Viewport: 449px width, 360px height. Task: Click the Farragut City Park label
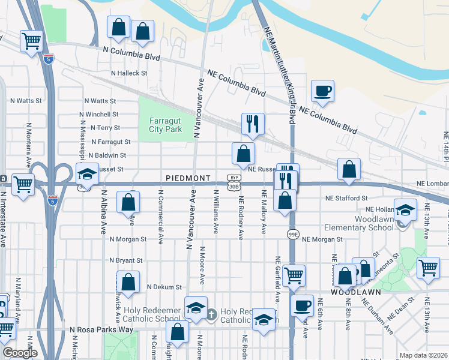point(165,124)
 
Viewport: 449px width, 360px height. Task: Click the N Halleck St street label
point(128,73)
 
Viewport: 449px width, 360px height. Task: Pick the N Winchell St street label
point(101,114)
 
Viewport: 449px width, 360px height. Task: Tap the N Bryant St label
point(125,261)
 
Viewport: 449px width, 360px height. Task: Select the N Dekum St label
point(164,287)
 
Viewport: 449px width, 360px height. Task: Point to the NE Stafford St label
point(346,198)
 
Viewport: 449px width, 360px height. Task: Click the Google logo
point(20,353)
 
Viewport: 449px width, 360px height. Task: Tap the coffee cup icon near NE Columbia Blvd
point(322,91)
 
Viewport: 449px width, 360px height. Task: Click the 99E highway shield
point(293,233)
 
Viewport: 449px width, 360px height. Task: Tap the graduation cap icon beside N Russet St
point(87,175)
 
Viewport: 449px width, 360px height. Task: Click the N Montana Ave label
point(28,145)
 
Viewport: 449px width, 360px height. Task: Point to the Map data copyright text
point(423,355)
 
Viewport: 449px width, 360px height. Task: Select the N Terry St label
point(105,128)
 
